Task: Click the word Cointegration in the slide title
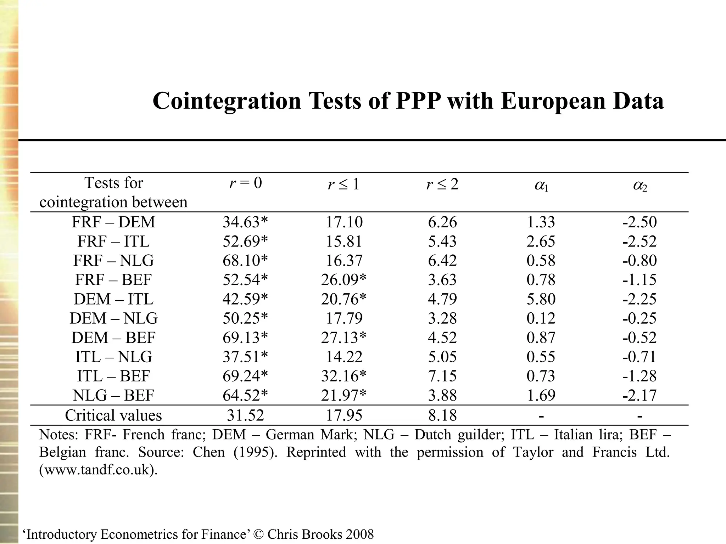coord(227,101)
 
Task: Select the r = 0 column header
coord(245,183)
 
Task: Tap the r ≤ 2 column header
coord(442,184)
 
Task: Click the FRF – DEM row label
coord(113,222)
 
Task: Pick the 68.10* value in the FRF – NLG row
coord(245,261)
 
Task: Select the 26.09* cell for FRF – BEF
coord(344,280)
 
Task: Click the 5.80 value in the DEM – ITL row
coord(541,299)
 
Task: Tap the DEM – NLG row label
coord(113,318)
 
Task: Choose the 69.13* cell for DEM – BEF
coord(245,338)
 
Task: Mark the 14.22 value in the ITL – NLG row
coord(344,357)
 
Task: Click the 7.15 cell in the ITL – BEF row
coord(442,376)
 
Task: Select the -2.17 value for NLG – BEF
coord(640,395)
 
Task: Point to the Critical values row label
coord(113,415)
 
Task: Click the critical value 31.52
coord(245,415)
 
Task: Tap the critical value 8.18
coord(442,415)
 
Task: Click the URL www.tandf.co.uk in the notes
coord(98,470)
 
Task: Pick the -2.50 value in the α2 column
coord(640,222)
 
